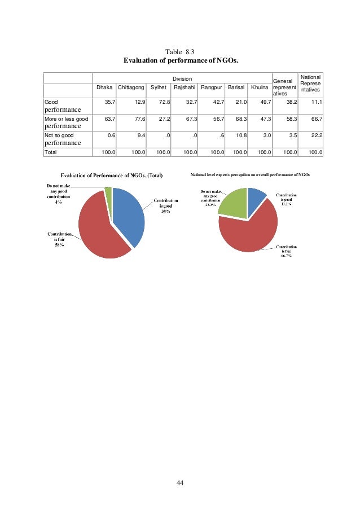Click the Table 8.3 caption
click(180, 51)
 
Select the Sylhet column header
click(158, 87)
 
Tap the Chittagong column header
click(131, 87)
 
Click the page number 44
click(180, 483)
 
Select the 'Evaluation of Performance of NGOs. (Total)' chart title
click(111, 175)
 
